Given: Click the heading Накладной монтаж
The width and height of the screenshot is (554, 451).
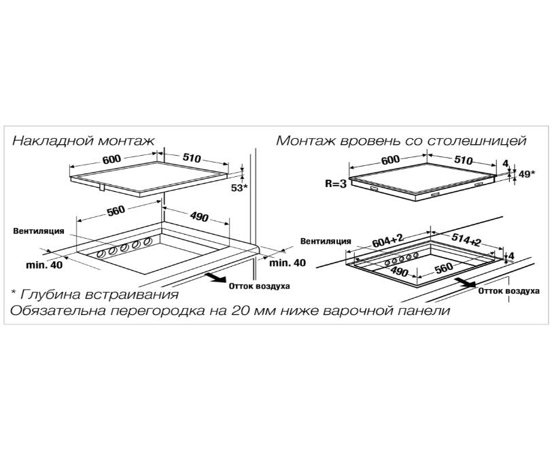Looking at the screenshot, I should [84, 141].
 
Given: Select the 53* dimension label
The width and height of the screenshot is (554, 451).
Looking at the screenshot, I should [239, 187].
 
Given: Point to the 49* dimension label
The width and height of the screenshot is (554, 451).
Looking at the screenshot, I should [526, 173].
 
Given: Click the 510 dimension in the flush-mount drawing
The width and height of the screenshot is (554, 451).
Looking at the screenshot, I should [462, 161].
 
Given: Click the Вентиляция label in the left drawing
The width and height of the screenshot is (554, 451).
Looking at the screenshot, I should [39, 231].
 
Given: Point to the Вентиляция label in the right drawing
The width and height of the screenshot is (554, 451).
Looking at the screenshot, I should [326, 240].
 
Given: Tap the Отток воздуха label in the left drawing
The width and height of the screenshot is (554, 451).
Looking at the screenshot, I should [260, 286].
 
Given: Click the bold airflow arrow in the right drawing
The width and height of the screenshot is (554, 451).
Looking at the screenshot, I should [464, 282].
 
